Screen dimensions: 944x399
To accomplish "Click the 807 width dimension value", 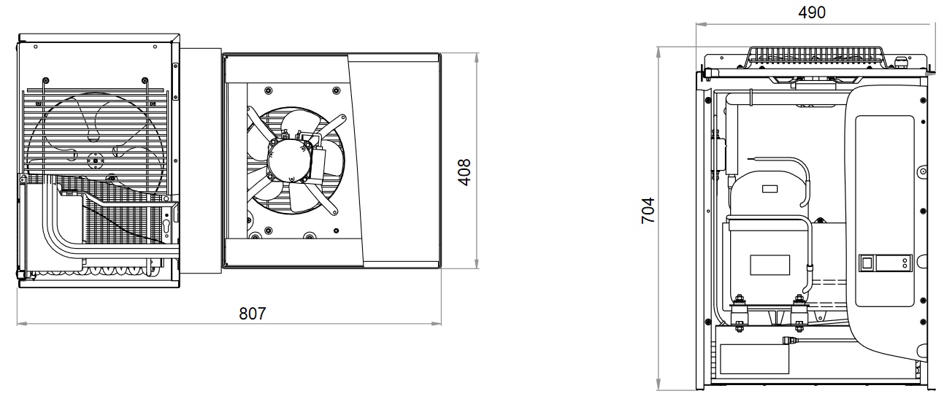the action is click(253, 314).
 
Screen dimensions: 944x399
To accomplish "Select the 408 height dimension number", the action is click(464, 172).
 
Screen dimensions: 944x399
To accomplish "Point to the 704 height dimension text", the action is click(648, 211).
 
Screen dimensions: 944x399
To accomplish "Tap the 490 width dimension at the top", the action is click(812, 12).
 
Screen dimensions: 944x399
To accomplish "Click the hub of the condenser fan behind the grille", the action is click(95, 160).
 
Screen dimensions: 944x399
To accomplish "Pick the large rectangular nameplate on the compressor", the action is click(770, 265).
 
